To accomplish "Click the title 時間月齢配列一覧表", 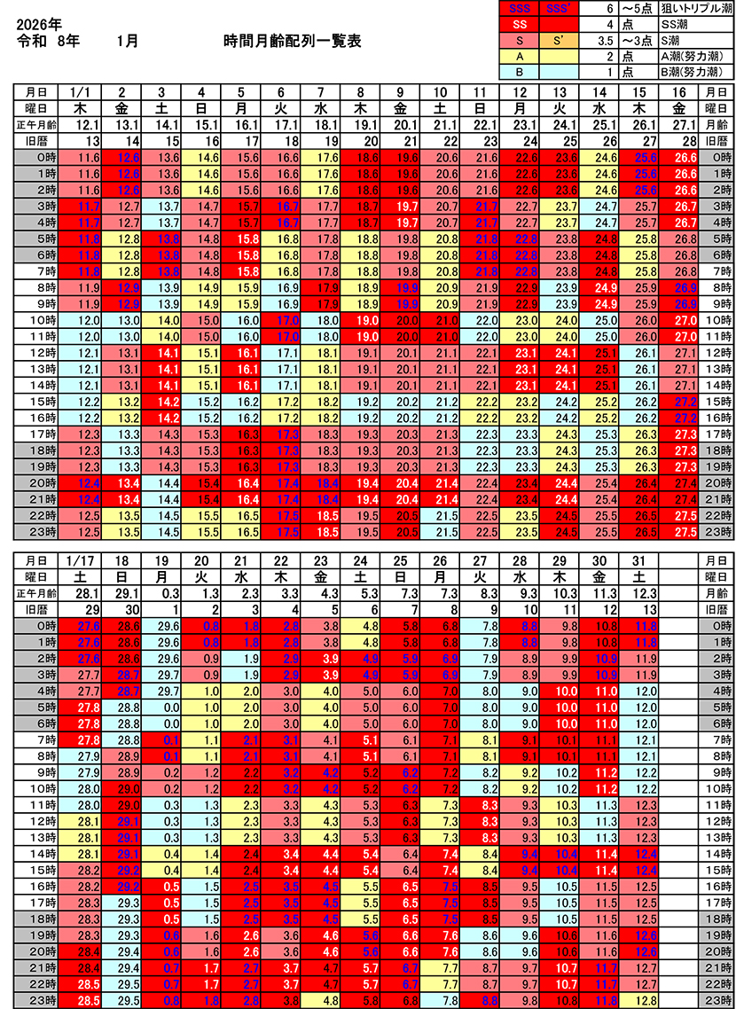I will point(293,42).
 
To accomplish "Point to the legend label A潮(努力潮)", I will point(692,55).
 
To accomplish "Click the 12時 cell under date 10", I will point(442,352).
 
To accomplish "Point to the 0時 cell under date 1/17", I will point(84,625).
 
